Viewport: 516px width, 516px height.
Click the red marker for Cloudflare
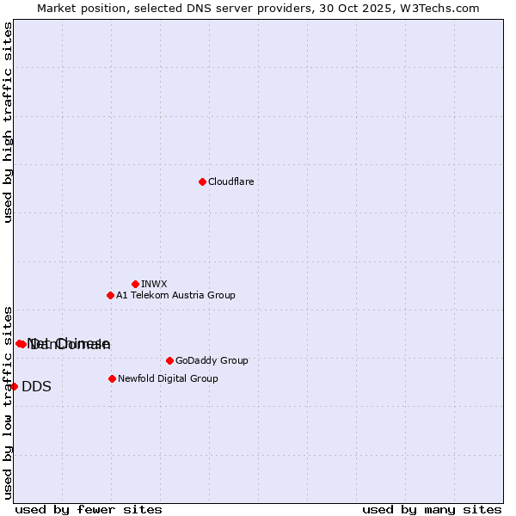click(x=202, y=181)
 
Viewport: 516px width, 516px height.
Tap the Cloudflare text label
click(x=230, y=181)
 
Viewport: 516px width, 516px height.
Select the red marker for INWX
click(x=135, y=284)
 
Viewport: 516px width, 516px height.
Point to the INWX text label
click(x=154, y=284)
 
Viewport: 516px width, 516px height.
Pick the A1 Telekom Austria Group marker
click(x=110, y=295)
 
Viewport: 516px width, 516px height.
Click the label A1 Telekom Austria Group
click(x=175, y=295)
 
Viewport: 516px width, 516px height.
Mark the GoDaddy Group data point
click(x=169, y=360)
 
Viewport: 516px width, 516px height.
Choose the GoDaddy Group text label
click(x=211, y=360)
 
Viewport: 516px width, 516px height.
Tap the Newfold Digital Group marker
click(x=112, y=378)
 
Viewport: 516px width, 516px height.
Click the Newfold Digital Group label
click(x=168, y=378)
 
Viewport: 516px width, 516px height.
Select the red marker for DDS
click(x=14, y=386)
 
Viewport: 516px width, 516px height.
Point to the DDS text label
click(x=36, y=386)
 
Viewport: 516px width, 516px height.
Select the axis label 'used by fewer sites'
click(x=89, y=509)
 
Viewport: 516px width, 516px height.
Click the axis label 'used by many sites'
click(x=432, y=509)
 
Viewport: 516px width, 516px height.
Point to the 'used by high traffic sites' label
click(x=8, y=122)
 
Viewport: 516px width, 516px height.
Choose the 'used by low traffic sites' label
click(x=8, y=402)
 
